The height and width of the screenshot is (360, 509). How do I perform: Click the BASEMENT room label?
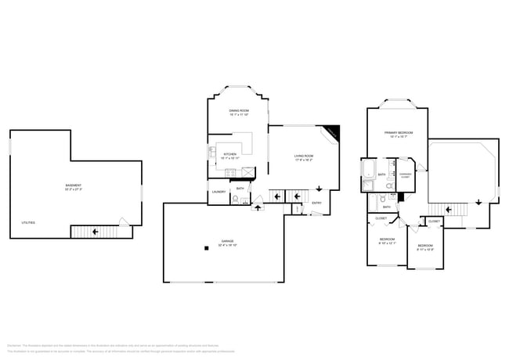point(75,187)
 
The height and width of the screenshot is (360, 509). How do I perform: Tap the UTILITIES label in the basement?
point(27,223)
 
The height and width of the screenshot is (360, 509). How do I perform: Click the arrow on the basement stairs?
point(95,232)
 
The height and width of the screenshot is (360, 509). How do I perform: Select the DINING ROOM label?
point(239,112)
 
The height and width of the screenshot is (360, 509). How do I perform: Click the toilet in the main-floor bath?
point(236,199)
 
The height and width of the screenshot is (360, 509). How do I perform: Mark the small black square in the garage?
point(206,248)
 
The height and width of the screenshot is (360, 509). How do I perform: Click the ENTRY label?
point(316,203)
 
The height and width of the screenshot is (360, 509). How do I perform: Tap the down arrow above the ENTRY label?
point(319,190)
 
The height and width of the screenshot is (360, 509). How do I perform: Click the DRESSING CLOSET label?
point(405,175)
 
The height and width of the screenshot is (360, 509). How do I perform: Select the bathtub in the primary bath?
point(368,170)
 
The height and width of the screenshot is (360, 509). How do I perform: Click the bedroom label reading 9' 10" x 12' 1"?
point(388,240)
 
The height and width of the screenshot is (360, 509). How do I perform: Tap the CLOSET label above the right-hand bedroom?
point(433,221)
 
